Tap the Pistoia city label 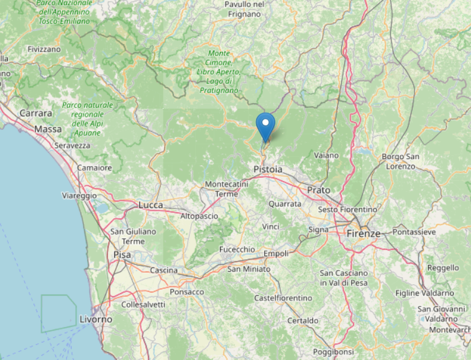(x=268, y=169)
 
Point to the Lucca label (x=150, y=205)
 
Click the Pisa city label (x=122, y=255)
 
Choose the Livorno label (x=96, y=319)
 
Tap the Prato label (x=319, y=190)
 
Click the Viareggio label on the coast (x=80, y=195)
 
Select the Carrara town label (x=35, y=113)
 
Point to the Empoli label (x=276, y=254)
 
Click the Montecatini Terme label (x=227, y=189)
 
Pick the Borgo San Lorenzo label (x=401, y=161)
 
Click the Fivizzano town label (x=44, y=48)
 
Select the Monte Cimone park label (x=219, y=72)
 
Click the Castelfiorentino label (x=283, y=298)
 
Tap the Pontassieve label (x=414, y=232)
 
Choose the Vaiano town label (x=327, y=155)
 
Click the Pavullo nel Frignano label (x=244, y=9)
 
